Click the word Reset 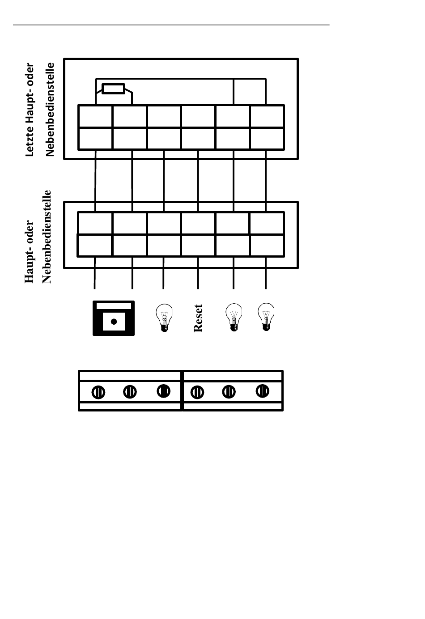click(199, 318)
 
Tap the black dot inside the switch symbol click(114, 322)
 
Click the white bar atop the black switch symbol click(114, 306)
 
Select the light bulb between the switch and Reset click(164, 318)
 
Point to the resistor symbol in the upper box click(114, 89)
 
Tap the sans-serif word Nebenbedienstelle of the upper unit click(50, 110)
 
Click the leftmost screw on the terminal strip click(98, 393)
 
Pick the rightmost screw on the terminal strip click(262, 391)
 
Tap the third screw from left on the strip click(164, 391)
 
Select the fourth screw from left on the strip click(197, 393)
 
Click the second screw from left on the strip click(130, 392)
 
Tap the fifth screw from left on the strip click(229, 392)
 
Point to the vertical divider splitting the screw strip click(182, 390)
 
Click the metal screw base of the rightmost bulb click(266, 327)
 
